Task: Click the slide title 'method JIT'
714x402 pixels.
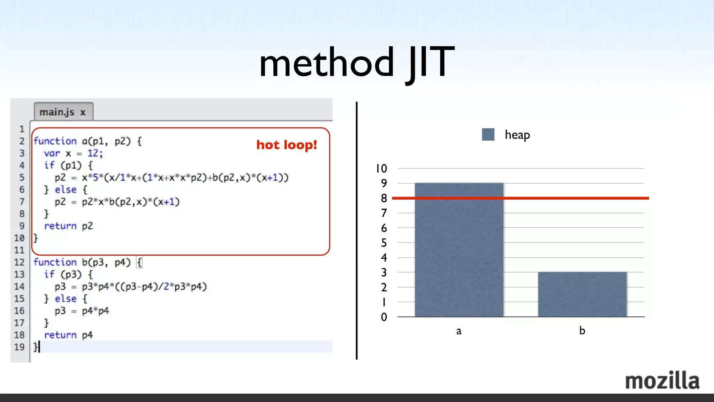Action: click(357, 63)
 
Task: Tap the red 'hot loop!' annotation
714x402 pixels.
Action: click(287, 145)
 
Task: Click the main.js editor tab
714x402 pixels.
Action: click(63, 112)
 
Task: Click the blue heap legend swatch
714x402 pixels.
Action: click(488, 134)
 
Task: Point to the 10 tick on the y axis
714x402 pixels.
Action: click(381, 169)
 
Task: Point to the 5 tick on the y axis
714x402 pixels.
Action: click(384, 243)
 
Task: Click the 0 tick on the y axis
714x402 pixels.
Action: click(384, 317)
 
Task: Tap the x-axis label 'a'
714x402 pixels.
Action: click(459, 331)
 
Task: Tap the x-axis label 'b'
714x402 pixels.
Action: click(582, 330)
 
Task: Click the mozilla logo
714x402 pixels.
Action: click(662, 381)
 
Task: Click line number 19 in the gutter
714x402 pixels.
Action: click(19, 347)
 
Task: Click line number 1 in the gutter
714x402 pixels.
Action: click(22, 129)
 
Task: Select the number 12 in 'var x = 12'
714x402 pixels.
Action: click(93, 153)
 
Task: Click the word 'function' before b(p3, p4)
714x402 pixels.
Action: click(55, 262)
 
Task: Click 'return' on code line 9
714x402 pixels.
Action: click(60, 226)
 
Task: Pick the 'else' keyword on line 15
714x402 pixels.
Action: click(66, 299)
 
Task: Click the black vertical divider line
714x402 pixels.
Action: click(356, 230)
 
